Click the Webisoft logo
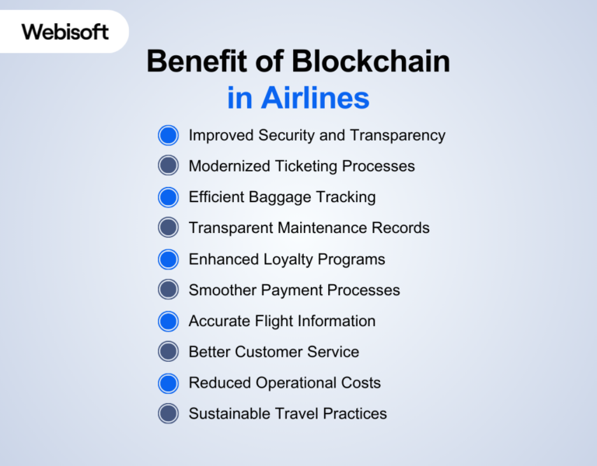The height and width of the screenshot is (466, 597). coord(65,32)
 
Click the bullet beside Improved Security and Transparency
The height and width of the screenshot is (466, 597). coord(168,135)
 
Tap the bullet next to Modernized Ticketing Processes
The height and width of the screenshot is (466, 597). coord(168,166)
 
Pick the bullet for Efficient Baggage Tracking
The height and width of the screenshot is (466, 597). coord(168,197)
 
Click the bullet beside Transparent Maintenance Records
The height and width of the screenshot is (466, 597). coord(168,228)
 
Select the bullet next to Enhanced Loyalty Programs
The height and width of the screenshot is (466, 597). coord(168,259)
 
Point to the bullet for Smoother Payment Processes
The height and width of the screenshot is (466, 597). coord(168,290)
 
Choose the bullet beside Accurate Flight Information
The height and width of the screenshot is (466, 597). coord(168,321)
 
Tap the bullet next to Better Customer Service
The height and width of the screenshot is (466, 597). coord(168,352)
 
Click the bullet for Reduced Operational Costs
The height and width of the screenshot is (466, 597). coord(168,383)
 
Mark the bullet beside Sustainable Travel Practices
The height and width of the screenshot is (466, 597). coord(168,413)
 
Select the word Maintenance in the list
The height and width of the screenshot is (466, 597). coord(321,228)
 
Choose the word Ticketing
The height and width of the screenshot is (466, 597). coord(308,167)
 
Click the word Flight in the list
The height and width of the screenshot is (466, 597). coord(272,322)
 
